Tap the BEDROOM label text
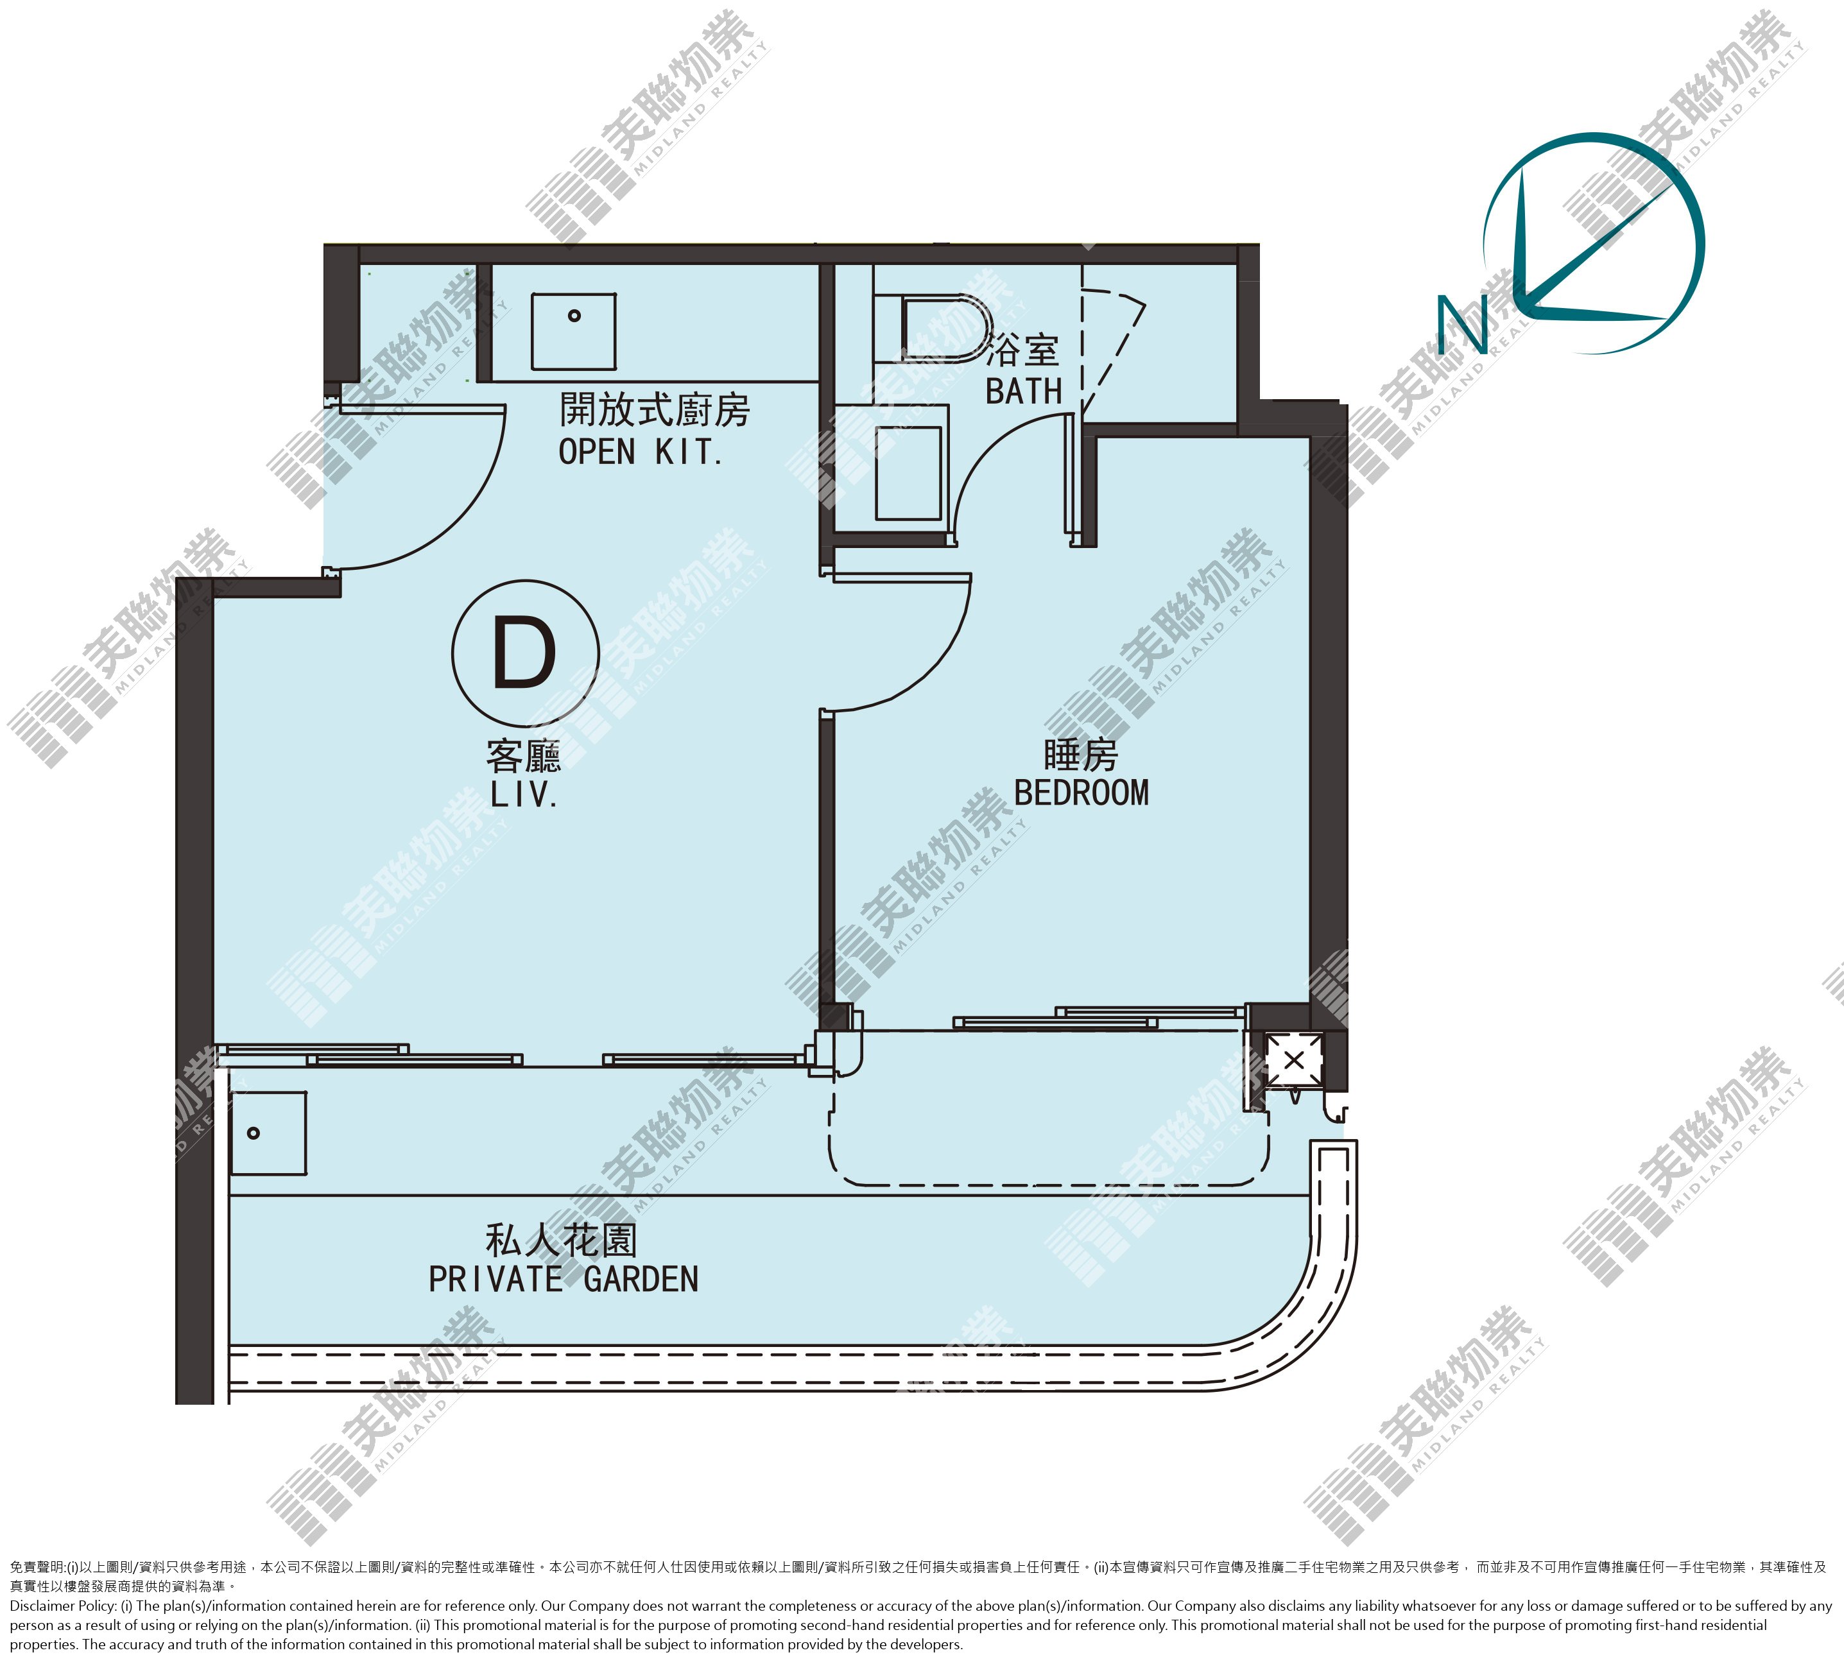(1081, 793)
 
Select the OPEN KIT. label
(641, 452)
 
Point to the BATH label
(1023, 391)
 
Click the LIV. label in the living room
(524, 794)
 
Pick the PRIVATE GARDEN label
(563, 1279)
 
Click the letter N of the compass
(1462, 325)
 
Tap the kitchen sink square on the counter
(573, 331)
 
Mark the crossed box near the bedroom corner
(1294, 1061)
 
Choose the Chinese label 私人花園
(562, 1240)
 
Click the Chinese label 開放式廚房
(655, 409)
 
